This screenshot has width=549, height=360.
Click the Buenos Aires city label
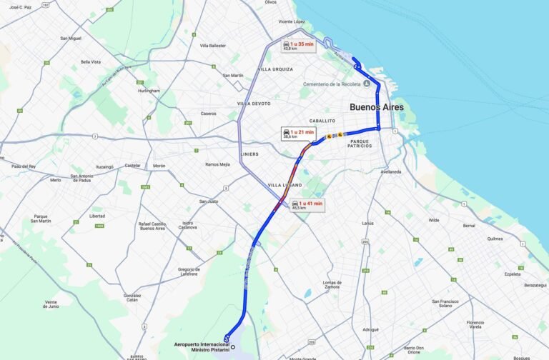click(x=376, y=107)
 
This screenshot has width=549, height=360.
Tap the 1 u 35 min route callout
click(x=298, y=46)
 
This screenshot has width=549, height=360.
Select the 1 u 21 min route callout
click(x=298, y=134)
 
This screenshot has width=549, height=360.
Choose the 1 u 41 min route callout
click(x=307, y=205)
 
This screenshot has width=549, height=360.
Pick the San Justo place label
click(x=208, y=201)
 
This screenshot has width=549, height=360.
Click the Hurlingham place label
click(x=149, y=91)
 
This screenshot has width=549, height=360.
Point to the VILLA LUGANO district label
click(x=285, y=185)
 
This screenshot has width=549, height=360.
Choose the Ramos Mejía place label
click(x=217, y=164)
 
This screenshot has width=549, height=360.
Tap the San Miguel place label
click(x=71, y=38)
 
